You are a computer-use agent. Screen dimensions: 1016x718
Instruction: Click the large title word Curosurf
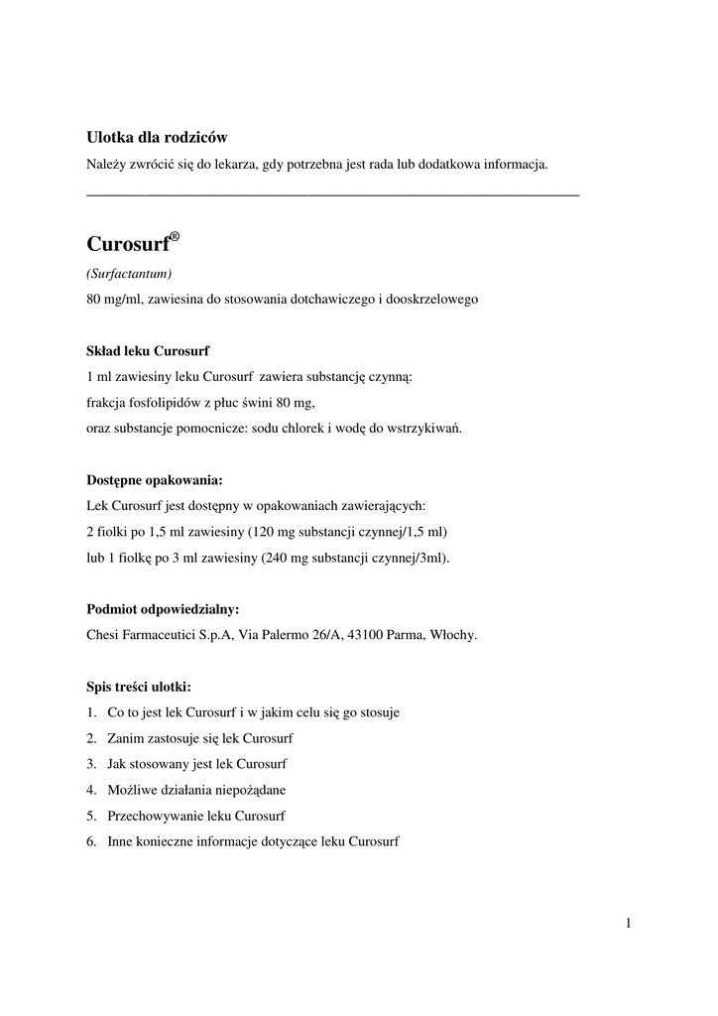click(127, 244)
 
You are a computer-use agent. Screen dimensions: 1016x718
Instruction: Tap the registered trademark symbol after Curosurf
click(175, 236)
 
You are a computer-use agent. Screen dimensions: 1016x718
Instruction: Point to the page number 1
click(629, 925)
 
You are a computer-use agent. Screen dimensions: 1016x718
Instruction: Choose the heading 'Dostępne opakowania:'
click(154, 479)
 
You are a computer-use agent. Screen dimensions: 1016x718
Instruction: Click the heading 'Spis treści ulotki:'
click(139, 686)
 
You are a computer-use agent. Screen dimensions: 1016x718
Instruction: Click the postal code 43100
click(359, 635)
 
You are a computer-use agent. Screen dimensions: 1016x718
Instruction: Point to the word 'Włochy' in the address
click(453, 635)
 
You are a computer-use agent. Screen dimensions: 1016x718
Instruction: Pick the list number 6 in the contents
click(90, 841)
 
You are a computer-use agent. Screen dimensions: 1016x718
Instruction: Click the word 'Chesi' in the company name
click(104, 635)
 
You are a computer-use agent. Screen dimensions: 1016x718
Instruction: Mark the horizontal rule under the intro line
click(333, 194)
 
